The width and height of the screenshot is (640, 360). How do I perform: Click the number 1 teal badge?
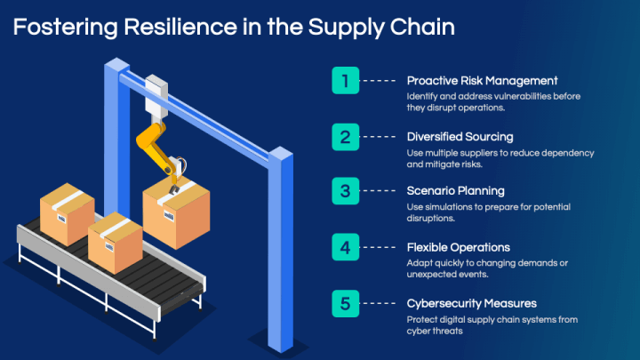(345, 80)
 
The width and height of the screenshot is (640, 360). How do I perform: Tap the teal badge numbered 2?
(345, 137)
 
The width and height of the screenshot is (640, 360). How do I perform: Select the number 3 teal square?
(345, 190)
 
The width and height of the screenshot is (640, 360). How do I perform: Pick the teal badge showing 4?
(345, 247)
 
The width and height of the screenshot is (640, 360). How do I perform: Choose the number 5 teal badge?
(345, 303)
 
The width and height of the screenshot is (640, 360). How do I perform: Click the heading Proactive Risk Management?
(482, 81)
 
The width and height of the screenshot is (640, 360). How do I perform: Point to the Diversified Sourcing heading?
(460, 137)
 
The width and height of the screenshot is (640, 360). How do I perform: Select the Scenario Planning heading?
(455, 191)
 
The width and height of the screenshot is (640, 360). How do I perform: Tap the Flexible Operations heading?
(459, 247)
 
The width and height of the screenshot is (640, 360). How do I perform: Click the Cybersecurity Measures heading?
(471, 304)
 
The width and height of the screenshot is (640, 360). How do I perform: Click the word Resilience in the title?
(180, 27)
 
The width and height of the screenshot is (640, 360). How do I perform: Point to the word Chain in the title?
(422, 27)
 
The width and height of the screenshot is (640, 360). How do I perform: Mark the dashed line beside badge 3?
(380, 190)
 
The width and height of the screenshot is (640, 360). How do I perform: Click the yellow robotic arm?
(158, 149)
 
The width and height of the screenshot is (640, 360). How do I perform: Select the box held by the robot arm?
(176, 212)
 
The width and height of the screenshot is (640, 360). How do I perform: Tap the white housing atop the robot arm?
(156, 95)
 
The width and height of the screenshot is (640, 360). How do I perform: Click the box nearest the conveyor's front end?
(115, 242)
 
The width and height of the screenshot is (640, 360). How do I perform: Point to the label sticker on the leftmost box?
(61, 219)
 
